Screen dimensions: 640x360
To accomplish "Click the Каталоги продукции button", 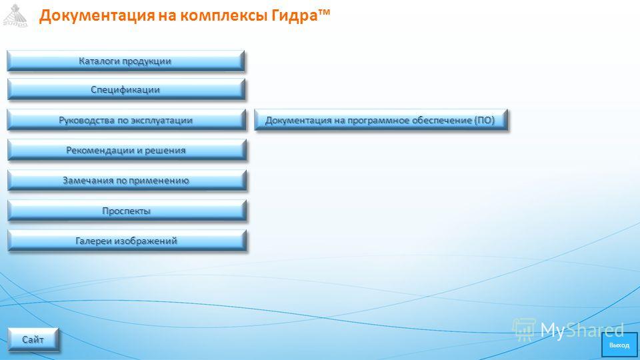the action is coord(126,61).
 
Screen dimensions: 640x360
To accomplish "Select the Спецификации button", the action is coord(126,90).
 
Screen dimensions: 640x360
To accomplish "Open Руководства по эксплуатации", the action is coord(127,121).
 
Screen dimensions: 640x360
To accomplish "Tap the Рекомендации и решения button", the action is coord(127,150).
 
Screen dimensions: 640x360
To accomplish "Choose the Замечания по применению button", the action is coord(127,181).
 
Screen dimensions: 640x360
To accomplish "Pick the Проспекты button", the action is coord(127,211).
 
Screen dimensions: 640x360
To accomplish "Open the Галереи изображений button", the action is coord(127,241).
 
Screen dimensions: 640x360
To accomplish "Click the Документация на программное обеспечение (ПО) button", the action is coord(381,121).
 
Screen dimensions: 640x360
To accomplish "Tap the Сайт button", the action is coord(33,339).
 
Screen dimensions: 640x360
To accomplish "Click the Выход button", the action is coord(619,345).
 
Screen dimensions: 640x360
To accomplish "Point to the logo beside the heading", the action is coord(15,15).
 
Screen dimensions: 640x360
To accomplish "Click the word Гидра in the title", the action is coord(294,16).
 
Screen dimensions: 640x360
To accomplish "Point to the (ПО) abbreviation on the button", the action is coord(485,121).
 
